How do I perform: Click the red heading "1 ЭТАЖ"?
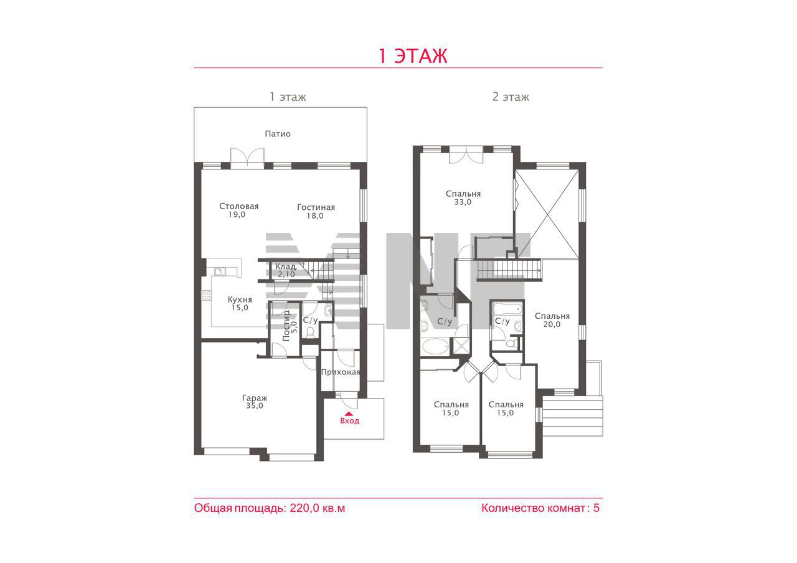pyautogui.click(x=412, y=56)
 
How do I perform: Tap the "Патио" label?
pyautogui.click(x=278, y=134)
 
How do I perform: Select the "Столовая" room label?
pyautogui.click(x=238, y=206)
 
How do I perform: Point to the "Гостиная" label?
pyautogui.click(x=316, y=207)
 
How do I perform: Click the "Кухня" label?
pyautogui.click(x=240, y=300)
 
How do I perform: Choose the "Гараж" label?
pyautogui.click(x=255, y=398)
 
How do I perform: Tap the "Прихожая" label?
pyautogui.click(x=341, y=372)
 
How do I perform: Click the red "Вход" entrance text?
pyautogui.click(x=349, y=420)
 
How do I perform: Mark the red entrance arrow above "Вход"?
pyautogui.click(x=349, y=414)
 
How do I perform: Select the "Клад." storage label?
pyautogui.click(x=286, y=266)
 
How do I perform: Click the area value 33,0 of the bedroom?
pyautogui.click(x=463, y=202)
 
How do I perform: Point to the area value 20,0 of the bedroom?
pyautogui.click(x=552, y=324)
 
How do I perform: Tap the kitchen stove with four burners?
pyautogui.click(x=206, y=295)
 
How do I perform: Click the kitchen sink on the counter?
pyautogui.click(x=220, y=272)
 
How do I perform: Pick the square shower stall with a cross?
pyautogui.click(x=461, y=346)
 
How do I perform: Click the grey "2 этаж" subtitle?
pyautogui.click(x=511, y=97)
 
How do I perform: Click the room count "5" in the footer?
pyautogui.click(x=597, y=508)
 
